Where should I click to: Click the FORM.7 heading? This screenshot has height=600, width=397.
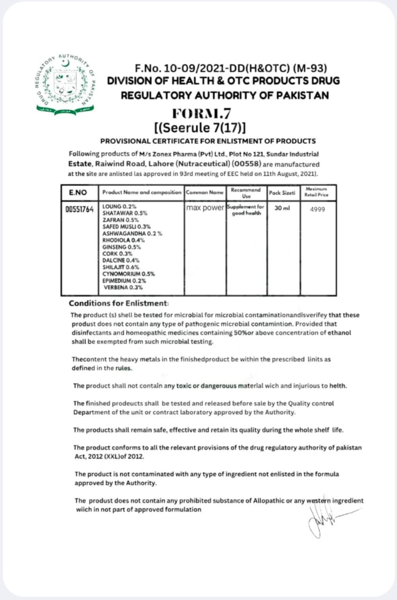click(x=201, y=113)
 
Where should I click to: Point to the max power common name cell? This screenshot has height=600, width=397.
click(x=205, y=208)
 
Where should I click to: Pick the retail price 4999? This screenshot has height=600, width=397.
click(x=317, y=209)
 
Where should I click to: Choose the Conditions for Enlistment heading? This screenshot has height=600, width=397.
click(x=118, y=303)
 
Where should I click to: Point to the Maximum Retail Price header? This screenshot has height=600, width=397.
click(x=317, y=192)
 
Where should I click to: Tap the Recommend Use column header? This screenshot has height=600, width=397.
click(x=246, y=193)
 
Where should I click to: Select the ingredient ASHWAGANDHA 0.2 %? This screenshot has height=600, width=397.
click(x=132, y=233)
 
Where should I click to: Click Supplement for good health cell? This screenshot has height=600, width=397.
click(x=246, y=210)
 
